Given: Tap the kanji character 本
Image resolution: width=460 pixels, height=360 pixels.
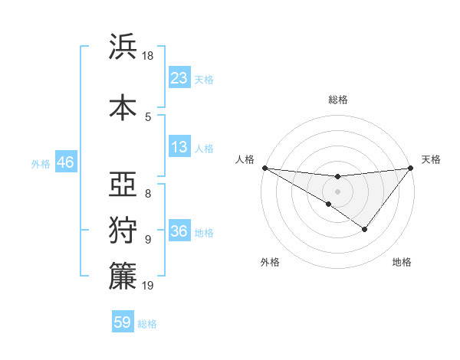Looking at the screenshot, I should [x=123, y=106].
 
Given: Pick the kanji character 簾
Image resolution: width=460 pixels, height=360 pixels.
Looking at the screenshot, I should [x=123, y=277].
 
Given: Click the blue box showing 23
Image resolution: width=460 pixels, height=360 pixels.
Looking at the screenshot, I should [x=179, y=78].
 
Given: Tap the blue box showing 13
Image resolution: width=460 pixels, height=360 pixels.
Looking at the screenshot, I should [x=179, y=148].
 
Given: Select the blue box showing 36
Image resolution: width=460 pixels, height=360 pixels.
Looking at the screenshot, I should [x=179, y=231].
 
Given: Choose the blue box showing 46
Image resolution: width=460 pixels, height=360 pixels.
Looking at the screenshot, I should [x=65, y=163].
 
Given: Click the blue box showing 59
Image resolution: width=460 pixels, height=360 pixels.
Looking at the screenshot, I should [x=123, y=322].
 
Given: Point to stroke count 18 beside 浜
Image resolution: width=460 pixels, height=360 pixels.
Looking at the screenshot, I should [x=149, y=56].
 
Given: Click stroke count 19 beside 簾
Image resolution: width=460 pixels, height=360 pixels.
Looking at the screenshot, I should [x=149, y=286].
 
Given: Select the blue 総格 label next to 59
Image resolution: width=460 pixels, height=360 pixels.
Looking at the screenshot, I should [x=147, y=324].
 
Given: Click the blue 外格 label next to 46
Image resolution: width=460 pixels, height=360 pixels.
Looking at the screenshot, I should [x=41, y=164].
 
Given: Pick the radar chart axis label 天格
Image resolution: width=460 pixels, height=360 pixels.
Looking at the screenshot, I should [x=432, y=159].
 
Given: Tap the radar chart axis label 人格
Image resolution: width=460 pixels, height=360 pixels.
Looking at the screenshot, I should [x=245, y=159].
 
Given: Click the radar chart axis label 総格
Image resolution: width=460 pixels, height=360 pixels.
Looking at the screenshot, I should [x=338, y=100].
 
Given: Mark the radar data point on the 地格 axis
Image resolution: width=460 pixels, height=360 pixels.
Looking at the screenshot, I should [x=365, y=229].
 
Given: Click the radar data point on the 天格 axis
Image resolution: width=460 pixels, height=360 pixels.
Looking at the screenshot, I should [x=410, y=168].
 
